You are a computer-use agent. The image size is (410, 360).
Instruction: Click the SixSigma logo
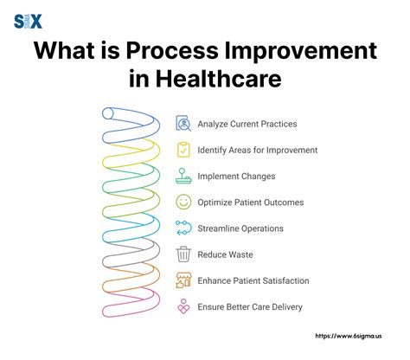(x=28, y=22)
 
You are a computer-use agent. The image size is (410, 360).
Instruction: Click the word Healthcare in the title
(x=219, y=79)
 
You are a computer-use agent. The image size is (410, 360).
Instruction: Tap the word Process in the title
(x=172, y=51)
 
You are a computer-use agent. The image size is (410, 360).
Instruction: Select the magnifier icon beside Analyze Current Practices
(x=183, y=124)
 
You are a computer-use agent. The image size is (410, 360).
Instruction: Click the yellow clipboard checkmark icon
(x=183, y=150)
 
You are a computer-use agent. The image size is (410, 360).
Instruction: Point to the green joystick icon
(x=183, y=176)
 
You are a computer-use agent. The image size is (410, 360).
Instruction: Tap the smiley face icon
(x=183, y=202)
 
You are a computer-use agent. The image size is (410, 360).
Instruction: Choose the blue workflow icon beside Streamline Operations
(x=183, y=228)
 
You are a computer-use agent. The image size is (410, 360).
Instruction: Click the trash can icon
(x=183, y=254)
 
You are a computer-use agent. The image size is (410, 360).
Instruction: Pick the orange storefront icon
(x=183, y=280)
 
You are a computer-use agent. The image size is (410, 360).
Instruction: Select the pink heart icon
(x=183, y=306)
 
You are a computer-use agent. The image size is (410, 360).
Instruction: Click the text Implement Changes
(x=236, y=177)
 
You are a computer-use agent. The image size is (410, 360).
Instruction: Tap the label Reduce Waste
(x=225, y=254)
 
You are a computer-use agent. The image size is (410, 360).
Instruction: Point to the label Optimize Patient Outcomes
(x=251, y=202)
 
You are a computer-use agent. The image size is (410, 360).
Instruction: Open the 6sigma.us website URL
(x=349, y=336)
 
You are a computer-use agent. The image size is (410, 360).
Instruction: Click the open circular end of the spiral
(x=108, y=113)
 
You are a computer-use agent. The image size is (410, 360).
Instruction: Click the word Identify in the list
(x=212, y=151)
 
